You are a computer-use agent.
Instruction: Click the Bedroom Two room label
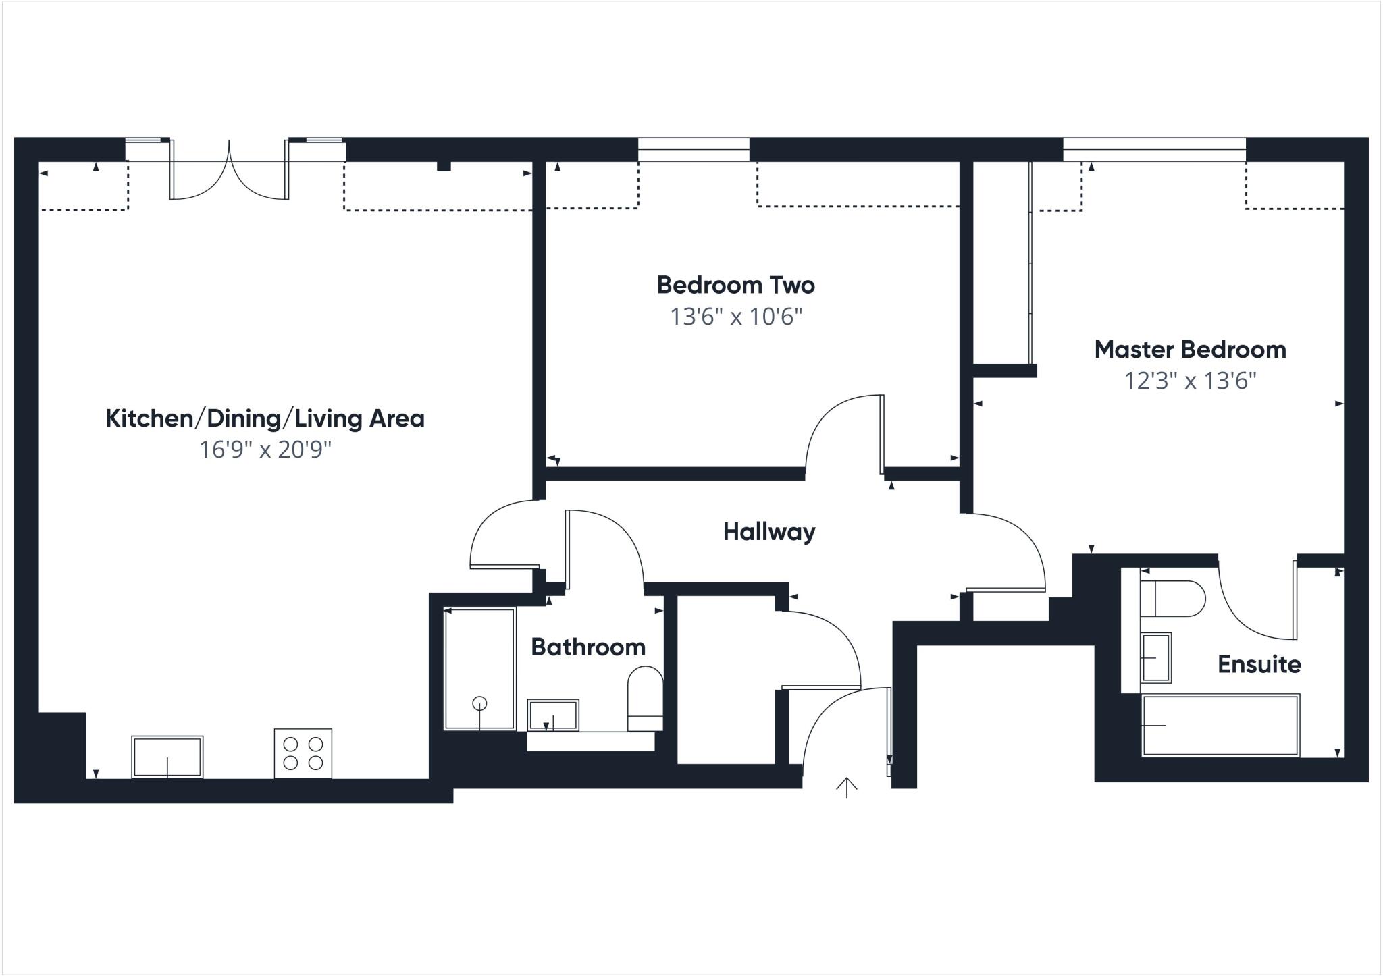735,285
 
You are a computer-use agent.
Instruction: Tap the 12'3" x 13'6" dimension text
1190,381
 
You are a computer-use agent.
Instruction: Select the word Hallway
769,532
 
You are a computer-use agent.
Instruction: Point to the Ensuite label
1259,665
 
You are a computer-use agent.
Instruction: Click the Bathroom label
588,647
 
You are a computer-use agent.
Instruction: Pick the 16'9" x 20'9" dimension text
265,450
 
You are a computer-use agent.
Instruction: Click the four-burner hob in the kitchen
303,753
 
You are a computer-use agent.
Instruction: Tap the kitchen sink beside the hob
167,757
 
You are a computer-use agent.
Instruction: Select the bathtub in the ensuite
1220,726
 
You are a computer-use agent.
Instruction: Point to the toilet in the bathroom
645,699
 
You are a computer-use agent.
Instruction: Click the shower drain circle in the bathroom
479,703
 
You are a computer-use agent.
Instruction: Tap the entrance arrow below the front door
847,787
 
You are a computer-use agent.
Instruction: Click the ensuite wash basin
1155,657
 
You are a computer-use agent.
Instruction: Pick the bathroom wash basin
553,715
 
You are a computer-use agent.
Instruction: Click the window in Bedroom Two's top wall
694,150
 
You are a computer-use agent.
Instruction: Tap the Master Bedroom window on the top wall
1154,150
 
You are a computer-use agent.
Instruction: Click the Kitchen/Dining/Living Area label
265,418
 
